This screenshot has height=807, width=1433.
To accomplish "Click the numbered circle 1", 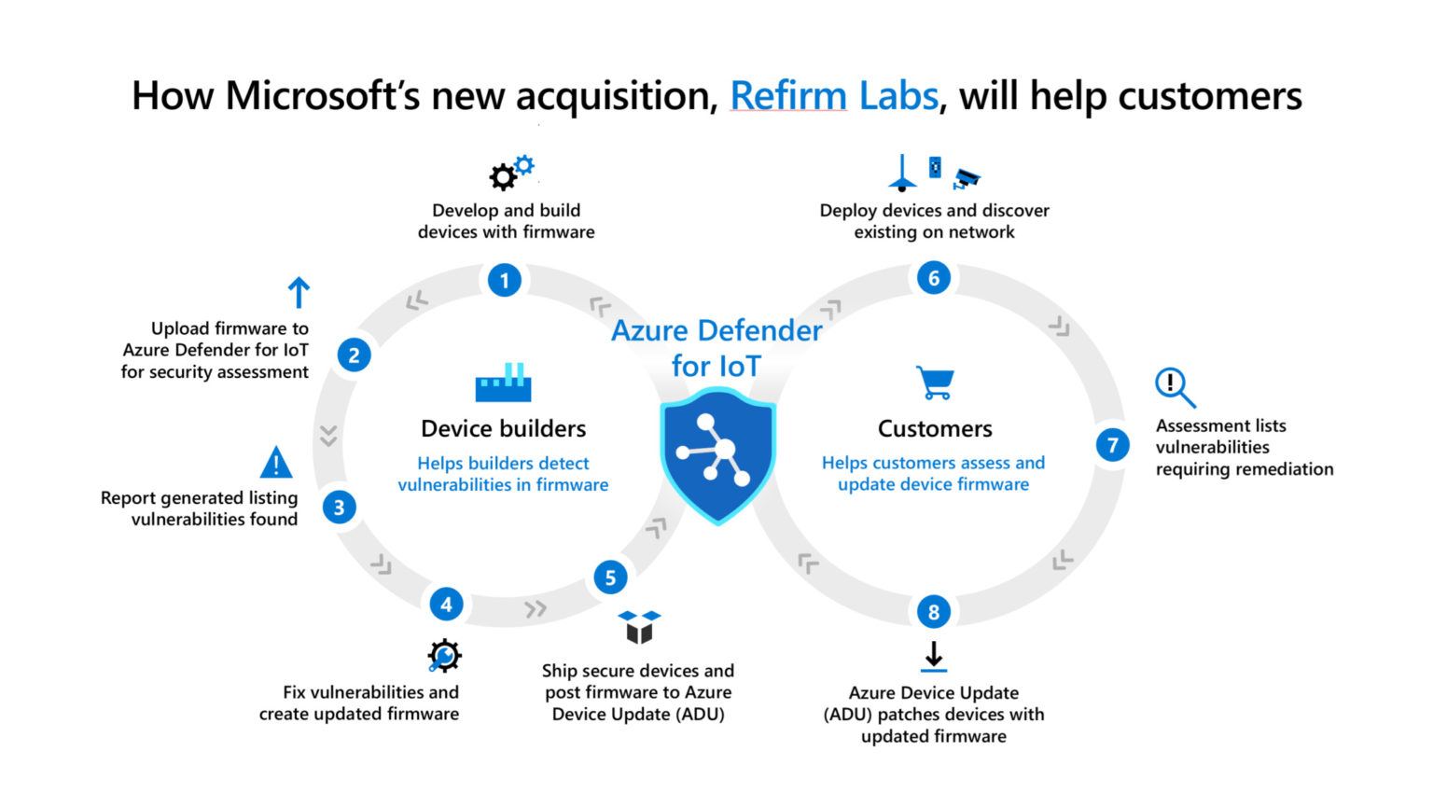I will pyautogui.click(x=505, y=280).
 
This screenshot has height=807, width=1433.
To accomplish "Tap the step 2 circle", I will pyautogui.click(x=354, y=355).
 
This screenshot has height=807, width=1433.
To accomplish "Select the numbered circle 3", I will pyautogui.click(x=339, y=508).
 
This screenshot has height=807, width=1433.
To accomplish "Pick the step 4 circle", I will pyautogui.click(x=446, y=605).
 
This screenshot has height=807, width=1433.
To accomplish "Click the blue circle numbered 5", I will pyautogui.click(x=610, y=577).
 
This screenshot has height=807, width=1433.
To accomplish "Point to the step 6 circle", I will pyautogui.click(x=934, y=278).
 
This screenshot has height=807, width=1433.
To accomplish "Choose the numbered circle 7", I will pyautogui.click(x=1112, y=446).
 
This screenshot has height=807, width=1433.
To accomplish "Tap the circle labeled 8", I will pyautogui.click(x=934, y=612).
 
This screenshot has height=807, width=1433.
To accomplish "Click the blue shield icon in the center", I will pyautogui.click(x=717, y=455).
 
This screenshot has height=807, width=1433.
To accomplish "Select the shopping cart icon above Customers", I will pyautogui.click(x=935, y=383).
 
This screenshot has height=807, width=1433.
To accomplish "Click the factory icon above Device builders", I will pyautogui.click(x=503, y=383).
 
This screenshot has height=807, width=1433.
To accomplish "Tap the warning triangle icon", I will pyautogui.click(x=275, y=463).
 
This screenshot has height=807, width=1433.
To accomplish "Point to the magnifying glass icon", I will pyautogui.click(x=1175, y=387).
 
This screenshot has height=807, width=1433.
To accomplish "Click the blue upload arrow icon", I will pyautogui.click(x=299, y=293).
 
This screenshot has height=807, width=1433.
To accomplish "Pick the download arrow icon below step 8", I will pyautogui.click(x=934, y=656).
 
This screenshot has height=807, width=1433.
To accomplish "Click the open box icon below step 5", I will pyautogui.click(x=639, y=627).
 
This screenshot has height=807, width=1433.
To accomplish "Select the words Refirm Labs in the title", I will pyautogui.click(x=833, y=96).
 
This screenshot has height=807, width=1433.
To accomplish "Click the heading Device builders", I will pyautogui.click(x=503, y=428).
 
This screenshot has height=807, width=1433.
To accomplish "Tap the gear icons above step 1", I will pyautogui.click(x=511, y=173).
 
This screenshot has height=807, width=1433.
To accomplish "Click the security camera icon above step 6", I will pyautogui.click(x=967, y=177).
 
